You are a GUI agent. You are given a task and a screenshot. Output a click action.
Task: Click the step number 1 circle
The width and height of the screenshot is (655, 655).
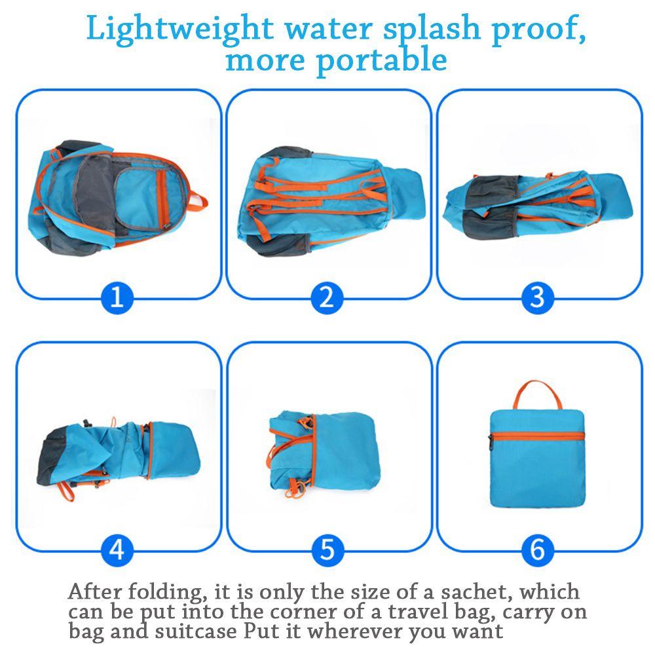117,297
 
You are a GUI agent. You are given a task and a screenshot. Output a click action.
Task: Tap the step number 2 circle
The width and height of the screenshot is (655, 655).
327,297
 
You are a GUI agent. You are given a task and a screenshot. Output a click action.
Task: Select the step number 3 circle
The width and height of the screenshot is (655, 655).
538,297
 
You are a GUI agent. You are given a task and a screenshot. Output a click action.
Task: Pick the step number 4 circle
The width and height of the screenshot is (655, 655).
117,550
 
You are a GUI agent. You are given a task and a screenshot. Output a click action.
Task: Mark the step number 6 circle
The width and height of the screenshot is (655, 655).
538,550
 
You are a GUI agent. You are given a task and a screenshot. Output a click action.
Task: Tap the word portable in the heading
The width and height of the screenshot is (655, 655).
381,60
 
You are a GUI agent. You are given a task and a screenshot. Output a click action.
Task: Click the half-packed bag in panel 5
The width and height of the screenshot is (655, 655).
324,454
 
